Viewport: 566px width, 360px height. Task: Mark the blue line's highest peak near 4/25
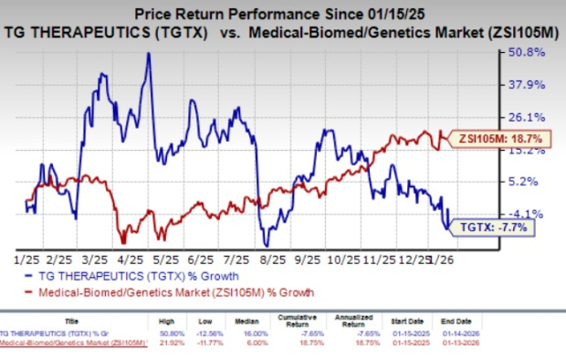pos(148,54)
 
